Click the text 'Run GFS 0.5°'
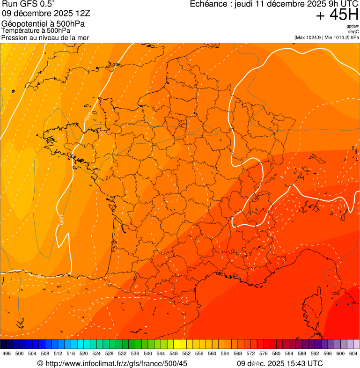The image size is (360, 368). point(28,5)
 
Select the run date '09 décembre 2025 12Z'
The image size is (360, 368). point(49,14)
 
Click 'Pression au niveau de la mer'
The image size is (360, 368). point(45,37)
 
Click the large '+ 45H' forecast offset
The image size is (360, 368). point(337,15)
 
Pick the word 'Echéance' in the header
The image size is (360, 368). point(209,4)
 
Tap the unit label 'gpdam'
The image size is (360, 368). point(353,26)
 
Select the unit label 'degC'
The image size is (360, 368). point(353,31)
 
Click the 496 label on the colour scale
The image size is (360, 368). point(7,354)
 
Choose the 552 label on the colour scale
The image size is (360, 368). point(186,354)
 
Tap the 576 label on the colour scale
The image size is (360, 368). point(264,354)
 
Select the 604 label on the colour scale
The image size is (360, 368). point(353,354)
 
